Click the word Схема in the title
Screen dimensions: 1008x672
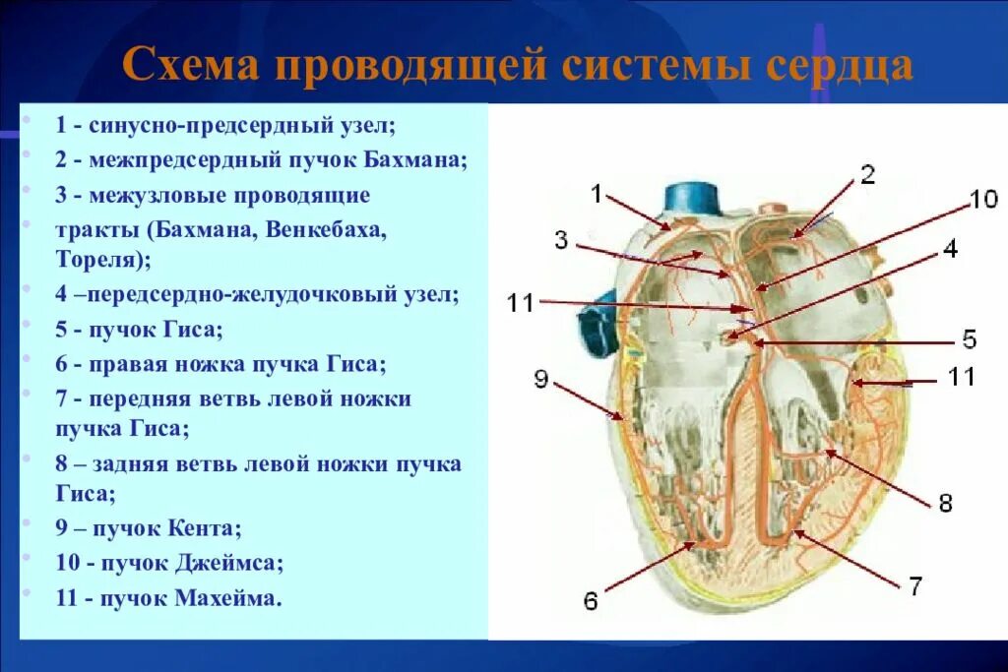[x=191, y=64]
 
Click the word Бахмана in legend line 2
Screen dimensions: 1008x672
[x=415, y=159]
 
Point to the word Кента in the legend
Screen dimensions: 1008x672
[x=204, y=528]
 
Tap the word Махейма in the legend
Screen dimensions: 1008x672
[x=227, y=598]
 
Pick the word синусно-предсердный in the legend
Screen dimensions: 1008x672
[x=211, y=125]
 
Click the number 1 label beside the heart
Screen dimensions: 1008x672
[x=597, y=193]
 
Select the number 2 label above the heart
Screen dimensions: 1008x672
[x=867, y=174]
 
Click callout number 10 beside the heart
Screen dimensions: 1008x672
[x=983, y=199]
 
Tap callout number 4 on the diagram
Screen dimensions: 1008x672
[x=951, y=248]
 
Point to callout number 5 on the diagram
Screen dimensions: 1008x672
[x=970, y=338]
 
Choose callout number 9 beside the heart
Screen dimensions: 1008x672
[x=541, y=379]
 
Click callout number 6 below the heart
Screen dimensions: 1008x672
[x=591, y=601]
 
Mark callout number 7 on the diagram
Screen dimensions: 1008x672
[x=915, y=585]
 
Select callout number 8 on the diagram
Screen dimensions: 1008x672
[x=945, y=503]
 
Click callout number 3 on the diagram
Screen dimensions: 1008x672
[x=561, y=240]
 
